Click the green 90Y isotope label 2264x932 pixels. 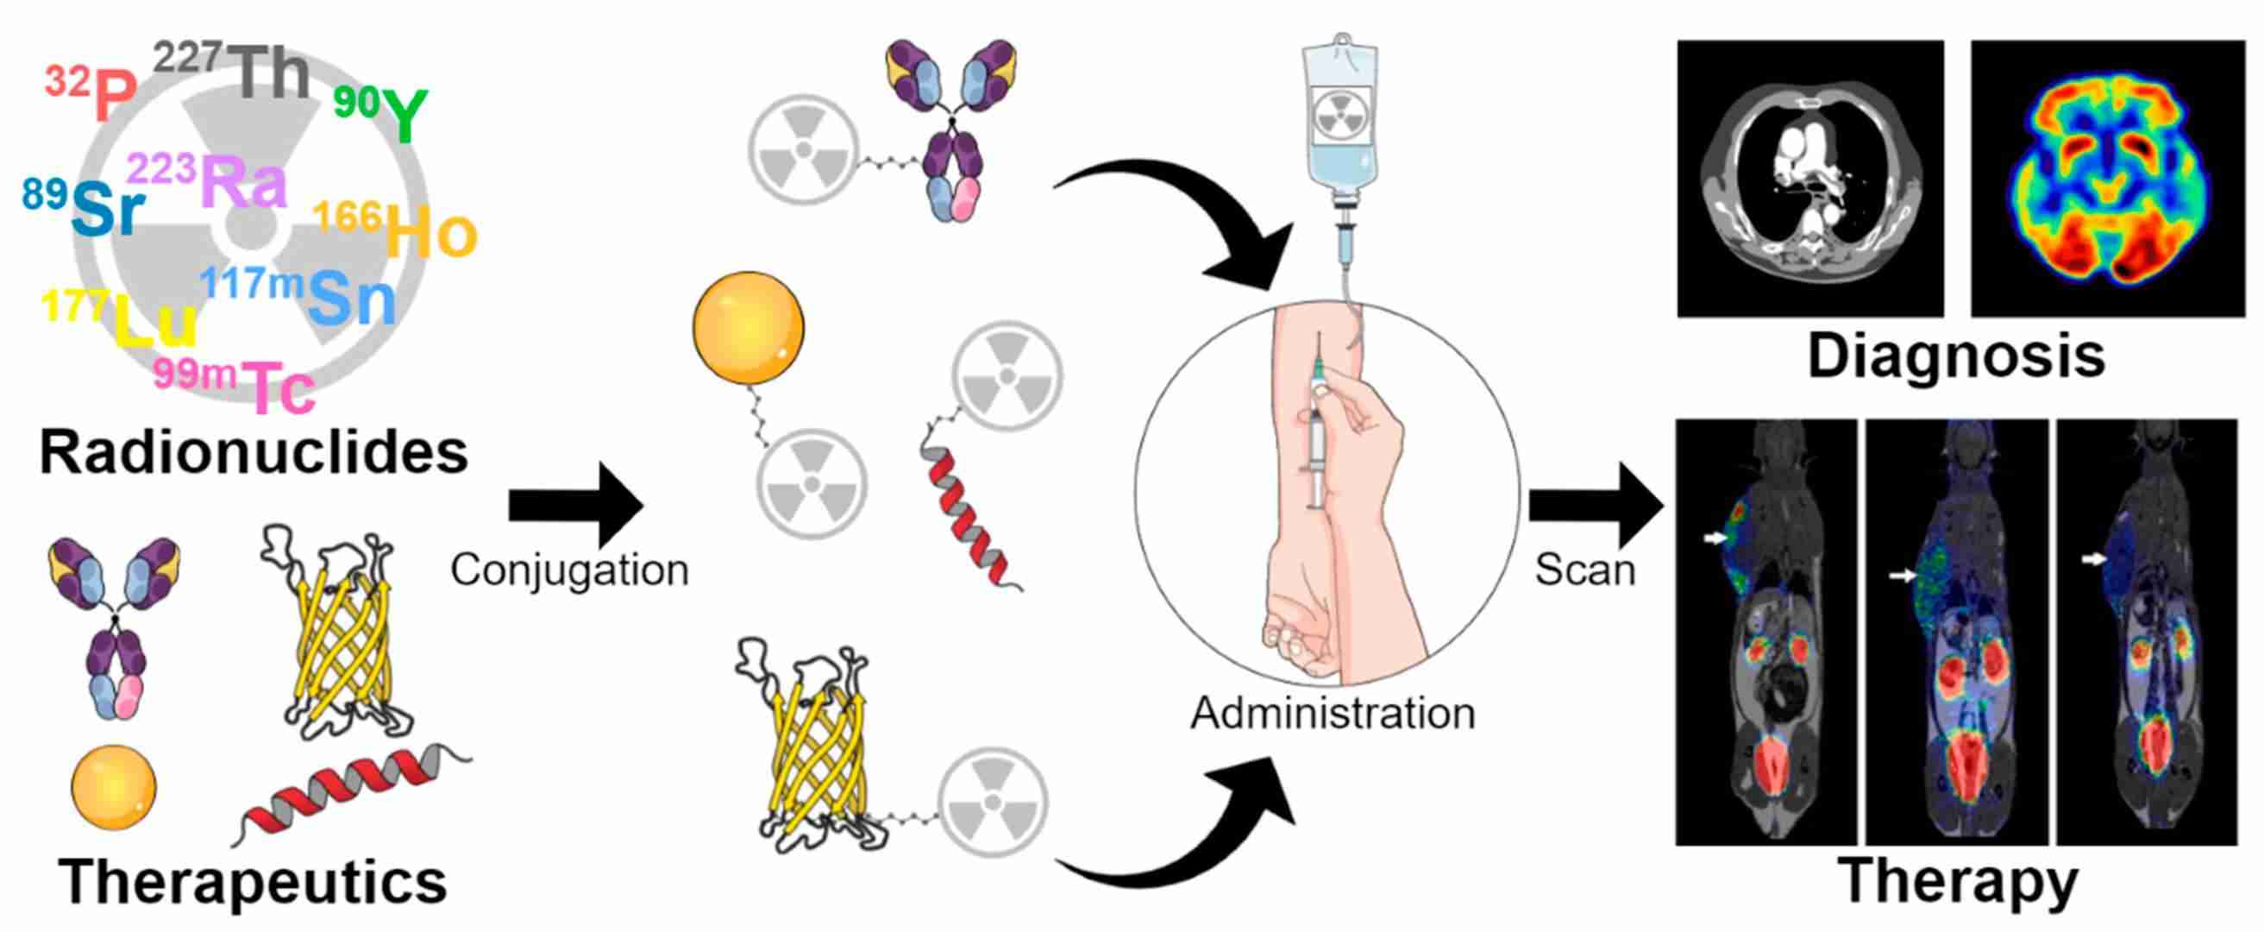click(x=383, y=112)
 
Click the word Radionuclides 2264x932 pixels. click(x=253, y=453)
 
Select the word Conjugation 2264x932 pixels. click(x=569, y=570)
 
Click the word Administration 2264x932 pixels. click(x=1333, y=712)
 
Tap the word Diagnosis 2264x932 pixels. click(x=1956, y=356)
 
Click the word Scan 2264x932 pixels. click(x=1584, y=570)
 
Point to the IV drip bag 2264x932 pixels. click(x=1339, y=114)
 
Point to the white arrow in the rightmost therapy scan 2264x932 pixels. click(x=2095, y=558)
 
